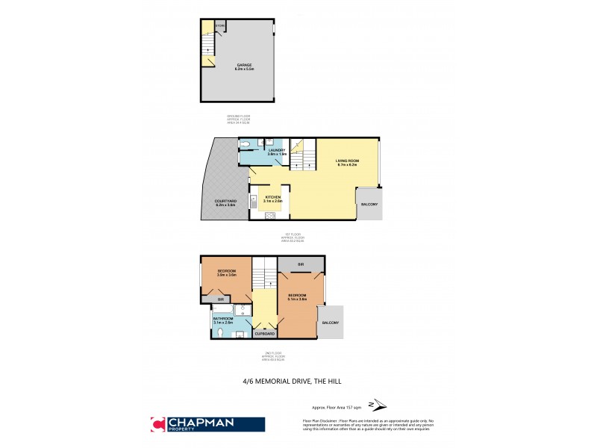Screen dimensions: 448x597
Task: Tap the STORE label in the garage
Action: pyautogui.click(x=220, y=26)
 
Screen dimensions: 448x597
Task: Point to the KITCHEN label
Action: pyautogui.click(x=272, y=199)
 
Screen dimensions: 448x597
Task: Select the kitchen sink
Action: pyautogui.click(x=254, y=199)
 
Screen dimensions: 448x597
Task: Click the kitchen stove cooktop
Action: pyautogui.click(x=269, y=216)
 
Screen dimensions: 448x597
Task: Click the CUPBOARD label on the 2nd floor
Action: pyautogui.click(x=266, y=334)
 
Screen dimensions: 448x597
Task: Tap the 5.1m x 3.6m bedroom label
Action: pyautogui.click(x=298, y=296)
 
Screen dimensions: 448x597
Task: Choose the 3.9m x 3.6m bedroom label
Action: pyautogui.click(x=226, y=273)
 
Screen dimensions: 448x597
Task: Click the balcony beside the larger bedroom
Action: pyautogui.click(x=330, y=323)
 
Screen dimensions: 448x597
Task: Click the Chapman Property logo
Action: pyautogui.click(x=207, y=424)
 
